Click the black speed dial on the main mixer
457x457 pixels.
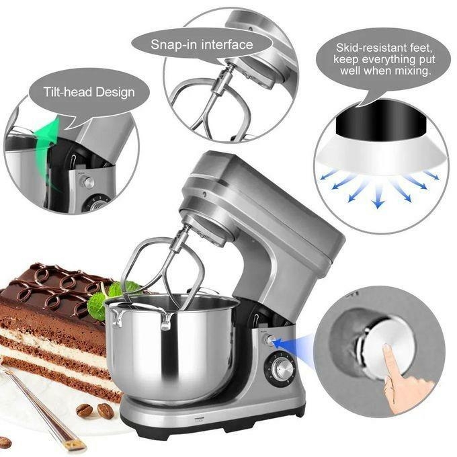(282, 368)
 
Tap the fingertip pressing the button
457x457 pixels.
(388, 353)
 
